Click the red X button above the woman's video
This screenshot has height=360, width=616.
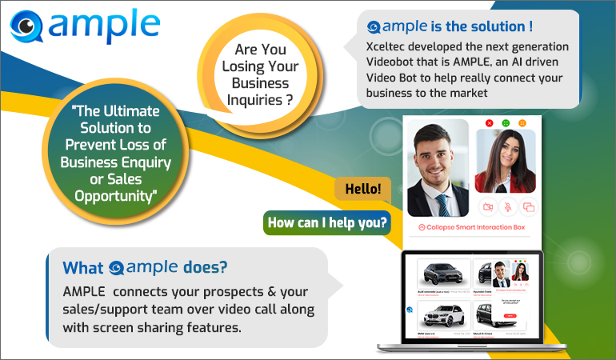coord(490,122)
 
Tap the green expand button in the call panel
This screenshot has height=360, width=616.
coord(506,122)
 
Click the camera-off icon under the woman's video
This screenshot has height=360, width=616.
coord(487,206)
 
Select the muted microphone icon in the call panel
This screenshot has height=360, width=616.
coord(507,206)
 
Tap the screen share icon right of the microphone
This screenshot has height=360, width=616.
coord(527,206)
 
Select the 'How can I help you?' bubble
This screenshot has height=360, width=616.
coord(326,222)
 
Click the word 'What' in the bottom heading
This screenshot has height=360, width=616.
coord(83,267)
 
